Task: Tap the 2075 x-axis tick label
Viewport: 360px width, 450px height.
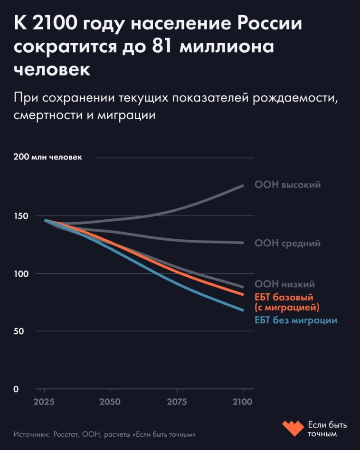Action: (x=177, y=401)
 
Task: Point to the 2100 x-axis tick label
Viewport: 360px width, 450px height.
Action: (x=243, y=401)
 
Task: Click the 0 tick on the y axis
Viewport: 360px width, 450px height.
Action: (x=16, y=389)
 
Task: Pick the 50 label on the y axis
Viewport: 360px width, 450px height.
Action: (x=19, y=331)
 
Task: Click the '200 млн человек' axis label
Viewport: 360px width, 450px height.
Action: (x=48, y=158)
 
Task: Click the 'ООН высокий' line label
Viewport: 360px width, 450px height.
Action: (x=288, y=185)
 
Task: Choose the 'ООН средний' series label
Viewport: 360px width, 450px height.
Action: (x=287, y=243)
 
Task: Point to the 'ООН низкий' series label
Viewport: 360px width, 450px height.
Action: (x=284, y=284)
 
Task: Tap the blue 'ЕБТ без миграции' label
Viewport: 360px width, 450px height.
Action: (x=296, y=320)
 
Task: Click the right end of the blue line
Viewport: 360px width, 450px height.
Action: (x=243, y=310)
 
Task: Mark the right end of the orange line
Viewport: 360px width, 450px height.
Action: (x=243, y=295)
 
